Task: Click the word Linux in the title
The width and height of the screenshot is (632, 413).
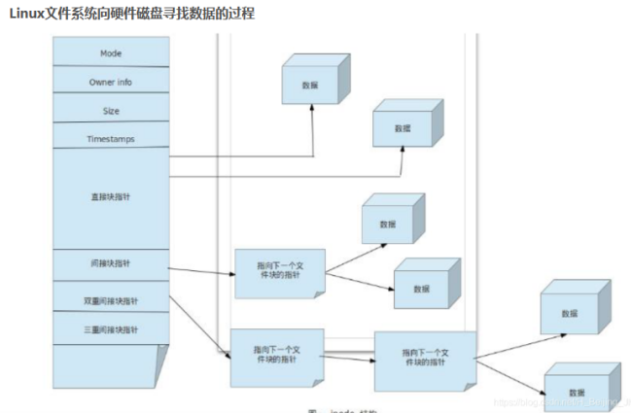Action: pos(29,14)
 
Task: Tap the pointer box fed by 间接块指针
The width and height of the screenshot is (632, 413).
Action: pos(277,272)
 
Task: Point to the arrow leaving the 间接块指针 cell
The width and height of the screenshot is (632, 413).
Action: pos(202,270)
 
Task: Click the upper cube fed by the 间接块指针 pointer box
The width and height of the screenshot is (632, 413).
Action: pos(389,221)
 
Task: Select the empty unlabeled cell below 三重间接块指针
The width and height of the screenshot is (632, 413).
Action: pos(112,367)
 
